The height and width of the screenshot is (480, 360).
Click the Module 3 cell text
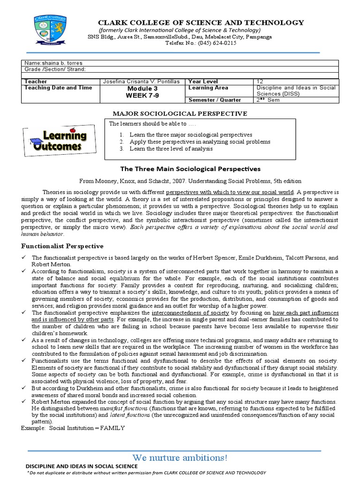click(x=140, y=88)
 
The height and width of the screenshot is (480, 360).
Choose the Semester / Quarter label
click(x=215, y=100)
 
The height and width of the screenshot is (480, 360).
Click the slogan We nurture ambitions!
click(x=180, y=457)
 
